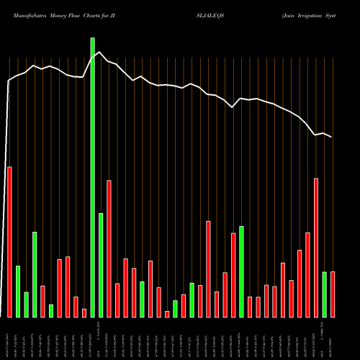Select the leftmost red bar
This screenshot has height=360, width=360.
tap(9, 241)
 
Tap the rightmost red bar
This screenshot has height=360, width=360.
tap(333, 294)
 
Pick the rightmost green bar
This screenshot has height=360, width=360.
tap(324, 294)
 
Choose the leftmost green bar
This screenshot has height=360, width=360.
tap(18, 291)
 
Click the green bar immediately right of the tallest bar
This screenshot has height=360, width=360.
tap(101, 264)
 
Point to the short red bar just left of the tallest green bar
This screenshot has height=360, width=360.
tap(84, 312)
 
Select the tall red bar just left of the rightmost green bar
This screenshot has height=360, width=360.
tap(316, 247)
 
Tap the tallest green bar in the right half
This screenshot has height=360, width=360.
tap(241, 271)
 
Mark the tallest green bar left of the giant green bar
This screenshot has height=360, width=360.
tap(35, 274)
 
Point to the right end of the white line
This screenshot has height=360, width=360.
tap(332, 137)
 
